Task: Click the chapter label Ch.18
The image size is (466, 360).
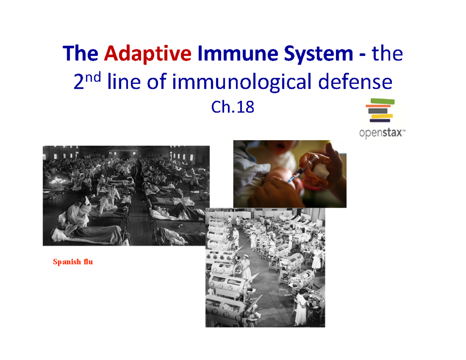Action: click(x=233, y=107)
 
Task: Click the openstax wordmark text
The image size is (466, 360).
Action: click(x=381, y=134)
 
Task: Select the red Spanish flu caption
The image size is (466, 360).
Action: click(x=73, y=262)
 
